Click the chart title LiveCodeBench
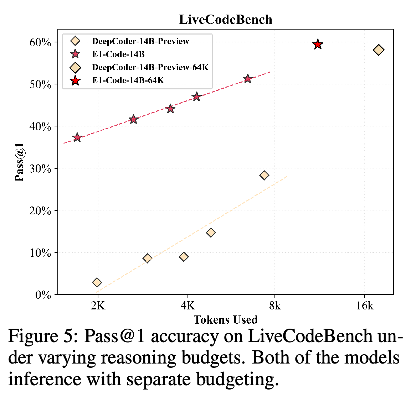[x=225, y=20]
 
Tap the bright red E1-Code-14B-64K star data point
[x=318, y=45]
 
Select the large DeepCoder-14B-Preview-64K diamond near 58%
[x=379, y=50]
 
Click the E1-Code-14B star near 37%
[x=77, y=137]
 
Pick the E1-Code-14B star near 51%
[x=248, y=79]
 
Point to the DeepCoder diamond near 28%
[x=264, y=175]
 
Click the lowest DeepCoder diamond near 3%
[x=97, y=282]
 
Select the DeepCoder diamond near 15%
[x=211, y=233]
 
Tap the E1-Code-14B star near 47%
[x=196, y=97]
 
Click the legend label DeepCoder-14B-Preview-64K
[x=150, y=67]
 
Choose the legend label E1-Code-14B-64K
[x=128, y=80]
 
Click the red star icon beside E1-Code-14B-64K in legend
[x=76, y=80]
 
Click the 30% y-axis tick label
[x=40, y=169]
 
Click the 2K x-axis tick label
[x=98, y=305]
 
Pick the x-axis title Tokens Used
[x=226, y=320]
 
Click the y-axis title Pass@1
[x=19, y=162]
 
